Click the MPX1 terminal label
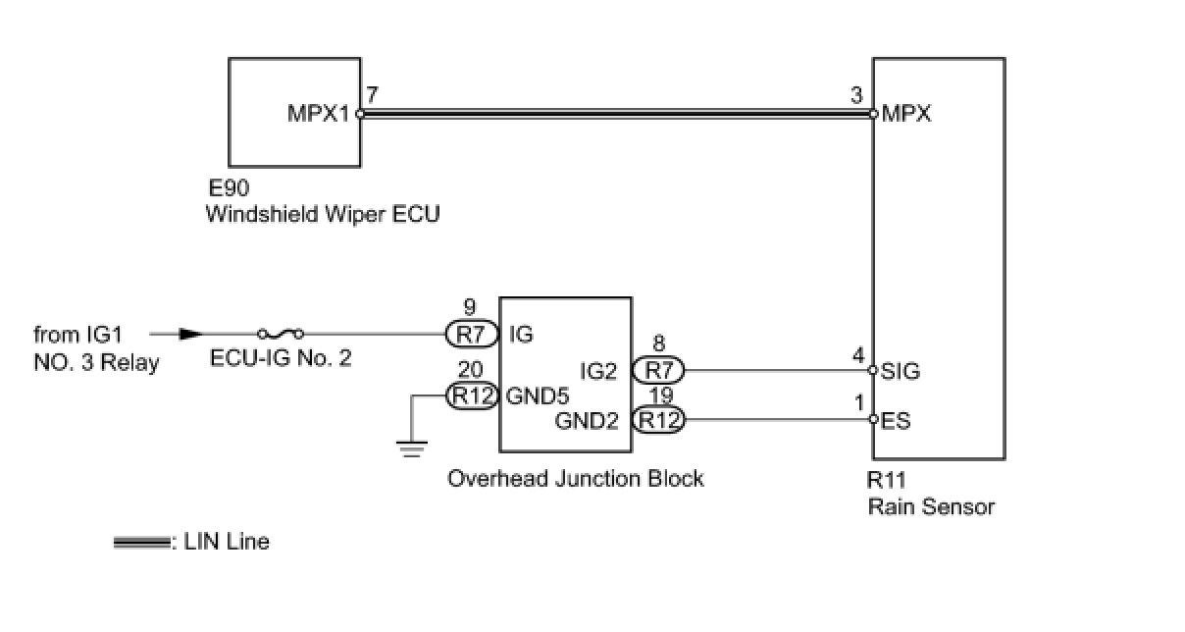pyautogui.click(x=318, y=114)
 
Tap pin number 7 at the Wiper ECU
pyautogui.click(x=371, y=95)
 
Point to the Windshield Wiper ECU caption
pyautogui.click(x=322, y=214)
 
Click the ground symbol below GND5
pyautogui.click(x=412, y=449)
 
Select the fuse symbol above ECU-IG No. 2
pyautogui.click(x=280, y=334)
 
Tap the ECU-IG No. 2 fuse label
pyautogui.click(x=281, y=358)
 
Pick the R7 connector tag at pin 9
pyautogui.click(x=472, y=335)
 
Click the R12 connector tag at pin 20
pyautogui.click(x=472, y=395)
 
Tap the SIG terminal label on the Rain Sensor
pyautogui.click(x=901, y=371)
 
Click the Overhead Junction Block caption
pyautogui.click(x=576, y=479)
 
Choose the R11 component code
pyautogui.click(x=887, y=482)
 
